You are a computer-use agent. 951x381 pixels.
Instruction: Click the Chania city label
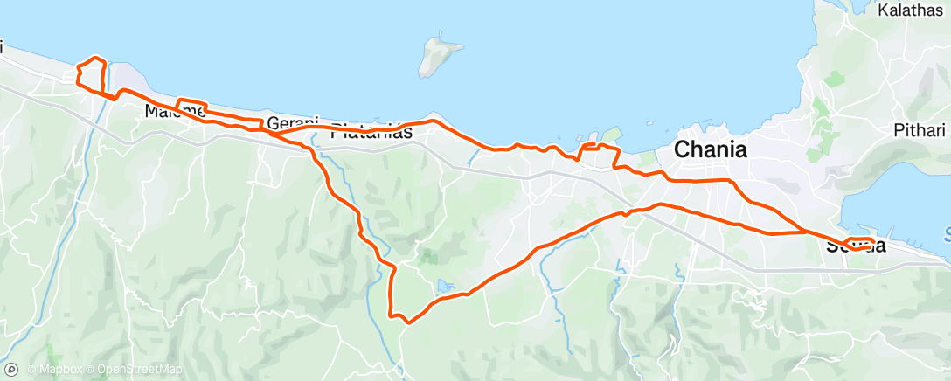tap(710, 149)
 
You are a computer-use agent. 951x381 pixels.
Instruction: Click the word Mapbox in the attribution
tap(56, 370)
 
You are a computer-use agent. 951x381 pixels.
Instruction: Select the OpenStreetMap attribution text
tap(139, 370)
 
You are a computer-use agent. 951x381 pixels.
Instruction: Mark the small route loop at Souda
tap(858, 243)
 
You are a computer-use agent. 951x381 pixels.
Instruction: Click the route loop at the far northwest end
tap(93, 73)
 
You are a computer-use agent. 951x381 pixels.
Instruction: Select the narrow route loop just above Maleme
tap(191, 106)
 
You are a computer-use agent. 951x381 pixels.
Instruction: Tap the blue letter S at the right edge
tap(947, 234)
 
